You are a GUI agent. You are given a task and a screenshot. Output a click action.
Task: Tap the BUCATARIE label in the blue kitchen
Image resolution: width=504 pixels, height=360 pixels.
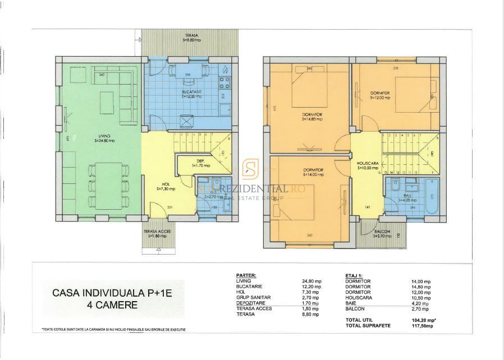191,92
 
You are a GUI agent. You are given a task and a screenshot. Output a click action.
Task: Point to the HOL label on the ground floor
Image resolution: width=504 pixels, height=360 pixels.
166,186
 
